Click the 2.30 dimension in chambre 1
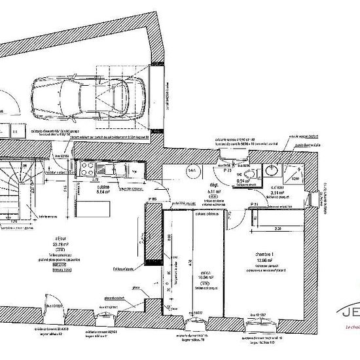[277, 228]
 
